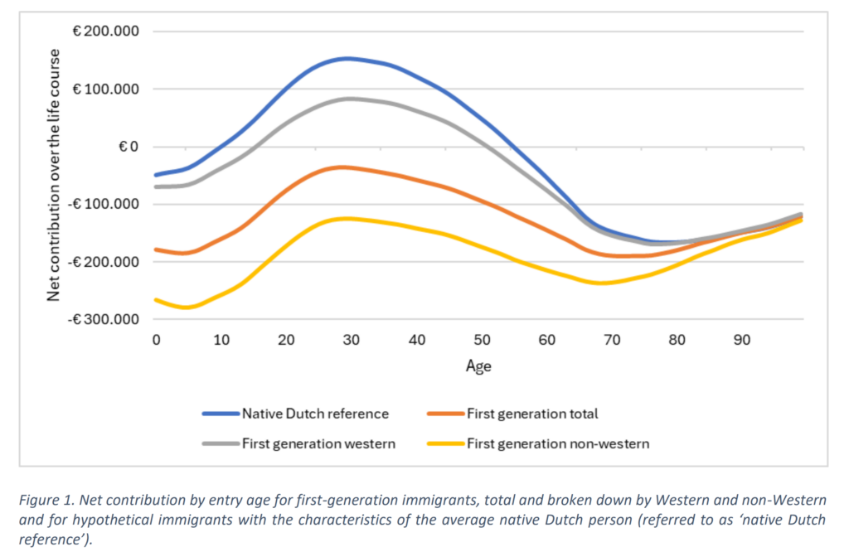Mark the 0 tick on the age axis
coord(155,340)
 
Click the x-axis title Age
coord(478,366)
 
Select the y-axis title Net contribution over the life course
coord(54,176)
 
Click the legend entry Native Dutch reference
coord(315,413)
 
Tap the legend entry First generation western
coord(318,443)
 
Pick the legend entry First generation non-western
coord(558,443)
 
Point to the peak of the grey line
coord(350,98)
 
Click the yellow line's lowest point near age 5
coord(188,307)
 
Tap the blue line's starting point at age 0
coord(156,175)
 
